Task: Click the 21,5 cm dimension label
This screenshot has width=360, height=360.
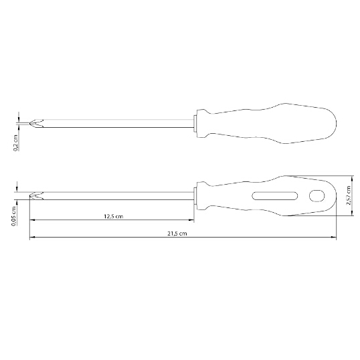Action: click(x=177, y=234)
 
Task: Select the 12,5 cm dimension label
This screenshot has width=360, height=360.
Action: click(x=113, y=216)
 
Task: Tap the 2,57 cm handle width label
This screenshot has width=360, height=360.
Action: click(x=349, y=195)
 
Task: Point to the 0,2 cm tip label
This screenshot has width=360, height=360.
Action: click(x=15, y=143)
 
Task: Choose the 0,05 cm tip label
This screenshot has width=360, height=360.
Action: click(x=14, y=216)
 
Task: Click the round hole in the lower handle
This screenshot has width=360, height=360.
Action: click(x=317, y=196)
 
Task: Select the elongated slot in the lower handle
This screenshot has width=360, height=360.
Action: click(x=275, y=196)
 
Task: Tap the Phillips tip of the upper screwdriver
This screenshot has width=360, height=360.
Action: click(x=36, y=123)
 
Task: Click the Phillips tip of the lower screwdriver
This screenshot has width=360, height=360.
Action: click(x=36, y=195)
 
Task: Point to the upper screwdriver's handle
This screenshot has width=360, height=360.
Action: click(x=266, y=124)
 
